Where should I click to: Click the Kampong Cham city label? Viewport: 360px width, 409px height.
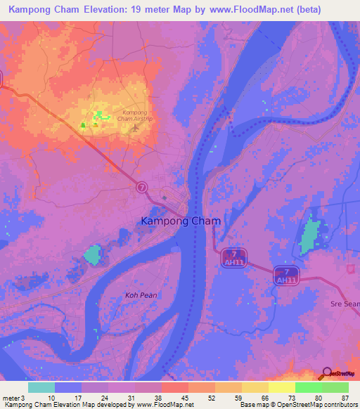point(181,221)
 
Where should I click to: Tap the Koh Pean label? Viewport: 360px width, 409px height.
point(141,296)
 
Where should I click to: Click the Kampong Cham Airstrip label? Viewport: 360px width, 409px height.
point(134,116)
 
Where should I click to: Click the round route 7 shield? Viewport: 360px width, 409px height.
point(142,187)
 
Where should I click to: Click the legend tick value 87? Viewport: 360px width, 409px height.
point(345,398)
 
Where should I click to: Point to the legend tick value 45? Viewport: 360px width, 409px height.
point(184,398)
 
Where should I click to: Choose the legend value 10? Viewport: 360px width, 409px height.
point(51,398)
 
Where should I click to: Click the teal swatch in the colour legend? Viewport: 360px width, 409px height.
point(41,387)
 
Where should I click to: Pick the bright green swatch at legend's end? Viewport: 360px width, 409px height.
point(335,387)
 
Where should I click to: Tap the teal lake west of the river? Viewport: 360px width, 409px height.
point(92,254)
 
